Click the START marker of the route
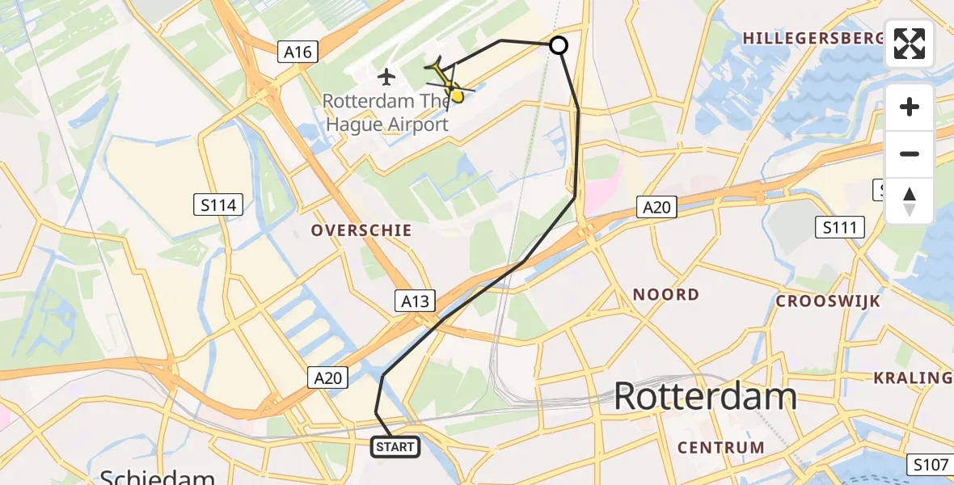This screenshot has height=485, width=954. [x=395, y=446]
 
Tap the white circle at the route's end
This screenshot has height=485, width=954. [x=559, y=45]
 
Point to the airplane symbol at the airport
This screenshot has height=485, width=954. [x=386, y=78]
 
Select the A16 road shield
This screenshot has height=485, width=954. [x=298, y=53]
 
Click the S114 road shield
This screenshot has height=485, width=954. [x=219, y=205]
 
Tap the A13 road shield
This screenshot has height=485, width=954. [x=416, y=302]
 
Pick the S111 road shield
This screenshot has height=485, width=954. [x=838, y=227]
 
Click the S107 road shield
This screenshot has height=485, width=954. [x=929, y=465]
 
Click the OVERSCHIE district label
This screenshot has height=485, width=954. [x=362, y=230]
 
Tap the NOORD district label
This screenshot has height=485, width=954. [x=666, y=295]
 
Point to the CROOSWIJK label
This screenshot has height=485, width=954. [x=828, y=301]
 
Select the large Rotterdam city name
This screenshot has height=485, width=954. [x=705, y=397]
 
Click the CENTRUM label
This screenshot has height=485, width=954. [x=721, y=447]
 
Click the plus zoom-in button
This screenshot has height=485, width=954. [x=910, y=107]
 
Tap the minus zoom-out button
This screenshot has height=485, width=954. [x=910, y=154]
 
